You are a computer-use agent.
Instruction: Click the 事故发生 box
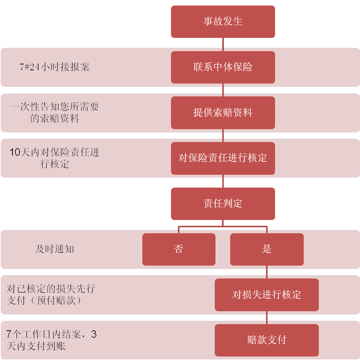pos(223,21)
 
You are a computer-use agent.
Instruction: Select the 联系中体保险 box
pos(223,67)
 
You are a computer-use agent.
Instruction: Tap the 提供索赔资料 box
pos(223,113)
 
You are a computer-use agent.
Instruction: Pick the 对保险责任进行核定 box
pos(223,158)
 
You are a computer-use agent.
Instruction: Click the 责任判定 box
pos(223,204)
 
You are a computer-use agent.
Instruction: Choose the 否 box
pos(179,249)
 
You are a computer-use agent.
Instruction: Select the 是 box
pos(267,249)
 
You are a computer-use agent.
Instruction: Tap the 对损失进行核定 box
pos(267,295)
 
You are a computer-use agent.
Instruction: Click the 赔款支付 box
pos(267,340)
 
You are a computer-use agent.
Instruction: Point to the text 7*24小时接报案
pos(54,67)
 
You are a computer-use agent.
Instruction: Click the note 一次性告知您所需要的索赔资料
pos(54,113)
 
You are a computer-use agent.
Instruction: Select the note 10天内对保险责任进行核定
pos(54,158)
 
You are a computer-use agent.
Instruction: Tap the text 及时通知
pos(54,249)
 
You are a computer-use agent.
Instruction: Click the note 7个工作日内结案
pos(51,340)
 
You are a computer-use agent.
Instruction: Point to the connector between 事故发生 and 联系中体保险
pos(223,44)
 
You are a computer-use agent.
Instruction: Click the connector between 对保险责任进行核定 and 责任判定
pos(223,181)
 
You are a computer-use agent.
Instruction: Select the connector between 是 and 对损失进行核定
pos(267,272)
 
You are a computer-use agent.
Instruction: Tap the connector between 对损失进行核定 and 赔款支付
pos(267,317)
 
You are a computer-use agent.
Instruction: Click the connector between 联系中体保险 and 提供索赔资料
pos(223,90)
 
